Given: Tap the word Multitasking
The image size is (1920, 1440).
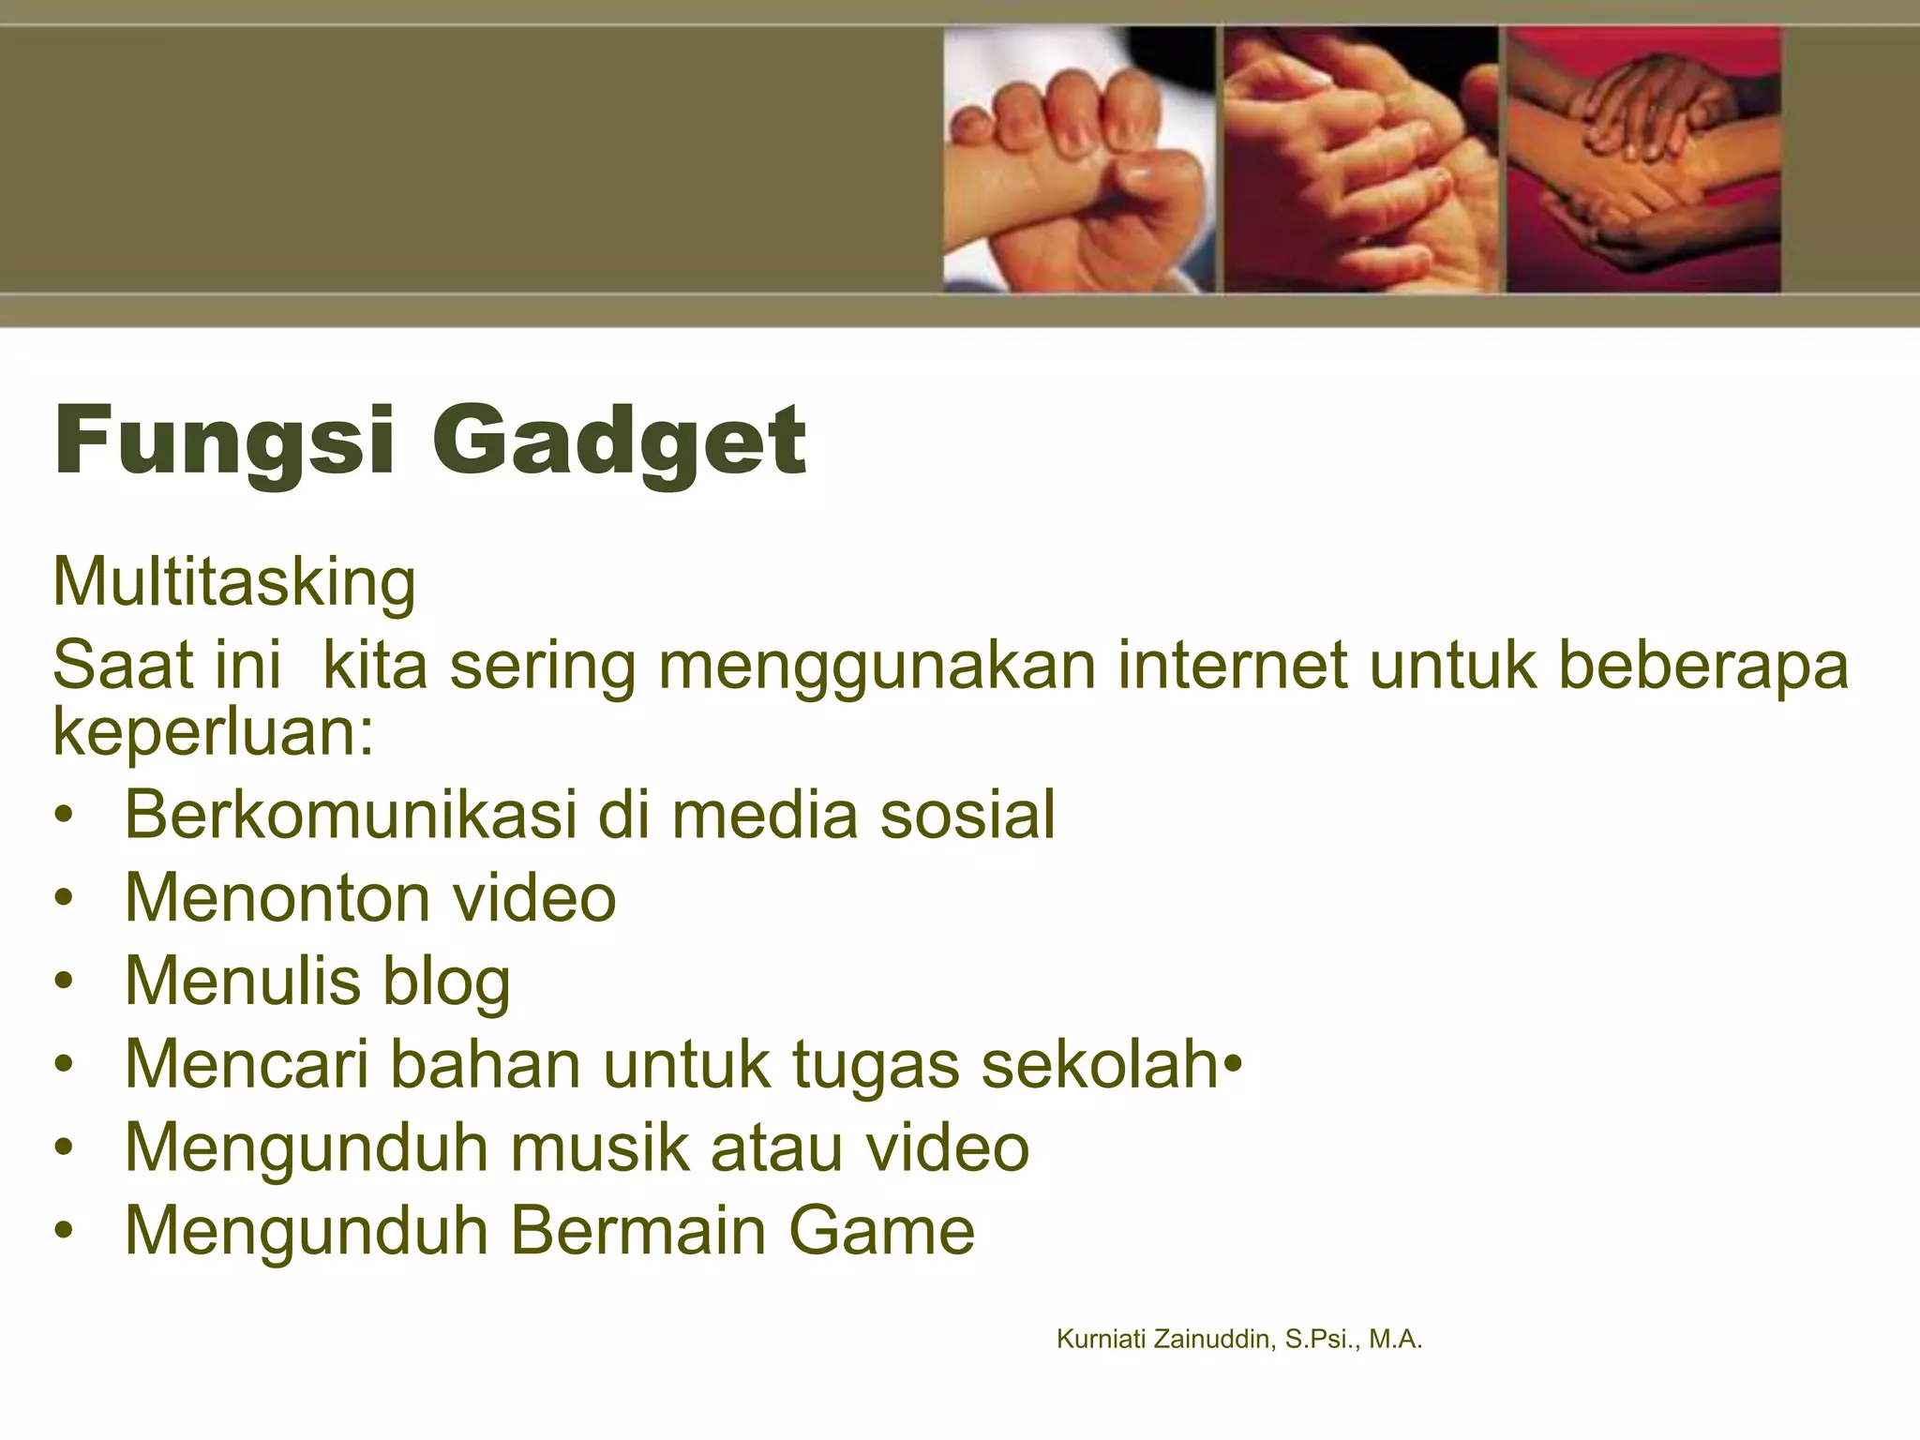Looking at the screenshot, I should click(234, 583).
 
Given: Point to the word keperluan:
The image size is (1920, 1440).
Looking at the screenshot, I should click(214, 733).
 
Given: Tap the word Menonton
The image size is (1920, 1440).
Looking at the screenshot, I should click(278, 897).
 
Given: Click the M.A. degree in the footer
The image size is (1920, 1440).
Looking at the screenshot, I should click(1395, 1340).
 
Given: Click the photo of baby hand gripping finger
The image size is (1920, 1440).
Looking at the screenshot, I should click(1078, 159).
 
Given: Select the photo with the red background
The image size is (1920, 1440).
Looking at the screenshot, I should click(1642, 159).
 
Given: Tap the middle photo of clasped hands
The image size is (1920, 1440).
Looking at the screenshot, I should click(1360, 159).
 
